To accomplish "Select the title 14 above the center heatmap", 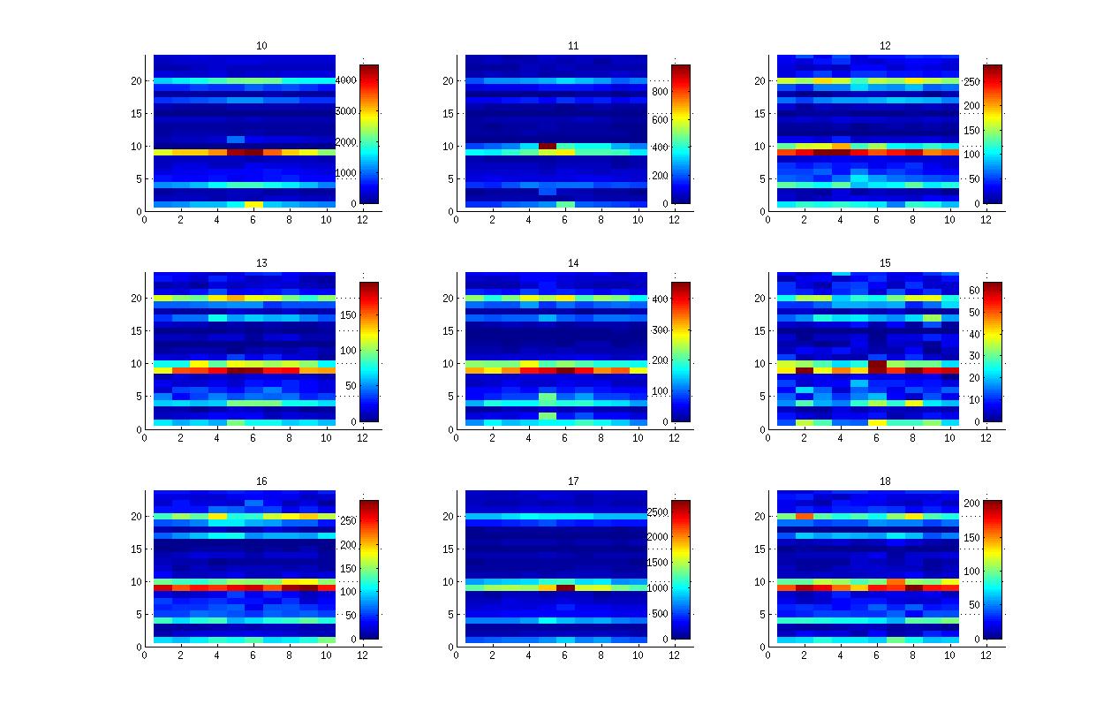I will pos(573,263).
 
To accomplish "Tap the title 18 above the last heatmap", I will pos(885,481).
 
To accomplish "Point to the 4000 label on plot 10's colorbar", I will pos(346,80).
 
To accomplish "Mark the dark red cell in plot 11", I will pos(548,146).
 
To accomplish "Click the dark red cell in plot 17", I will pos(565,587).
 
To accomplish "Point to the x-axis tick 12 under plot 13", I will pos(362,439).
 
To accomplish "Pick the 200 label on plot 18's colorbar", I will pos(970,503).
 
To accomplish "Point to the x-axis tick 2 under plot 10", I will pos(181,221).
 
